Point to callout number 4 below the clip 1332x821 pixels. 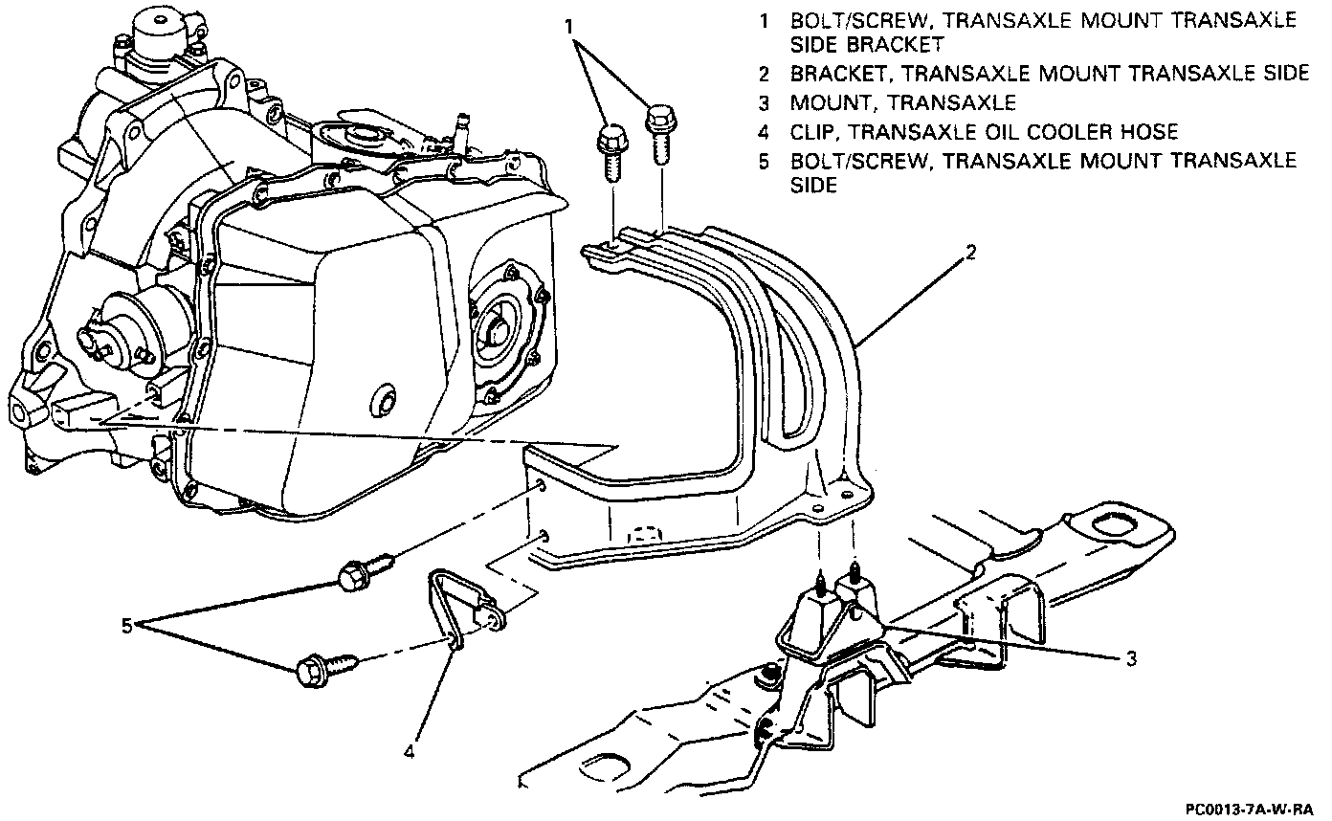tap(409, 752)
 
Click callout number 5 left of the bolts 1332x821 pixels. tap(125, 627)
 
